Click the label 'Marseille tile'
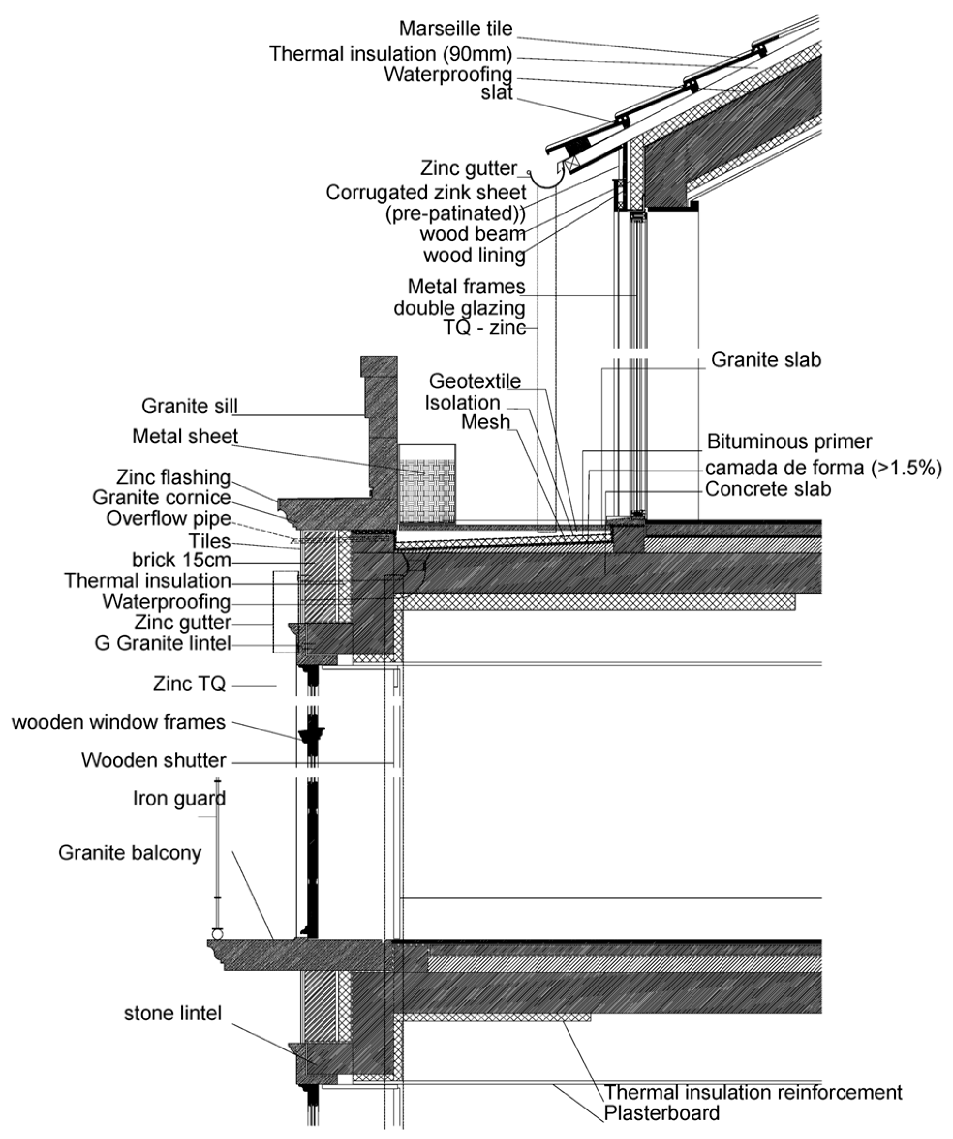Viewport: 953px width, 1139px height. tap(455, 29)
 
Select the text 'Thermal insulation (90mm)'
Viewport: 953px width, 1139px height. tap(390, 54)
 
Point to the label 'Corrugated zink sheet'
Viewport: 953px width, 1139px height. tap(426, 193)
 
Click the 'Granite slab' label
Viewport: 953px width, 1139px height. tap(766, 360)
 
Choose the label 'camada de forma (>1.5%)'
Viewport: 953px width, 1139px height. tap(823, 468)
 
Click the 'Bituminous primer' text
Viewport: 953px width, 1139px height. tap(789, 441)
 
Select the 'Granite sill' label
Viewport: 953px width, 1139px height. tap(189, 406)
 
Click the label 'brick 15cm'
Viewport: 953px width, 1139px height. tap(181, 560)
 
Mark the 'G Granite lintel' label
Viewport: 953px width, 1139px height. tap(163, 643)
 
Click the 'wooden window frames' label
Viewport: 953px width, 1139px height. tap(118, 722)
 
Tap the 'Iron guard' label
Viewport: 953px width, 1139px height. tap(179, 798)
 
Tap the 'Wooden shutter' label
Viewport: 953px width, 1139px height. tap(154, 760)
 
